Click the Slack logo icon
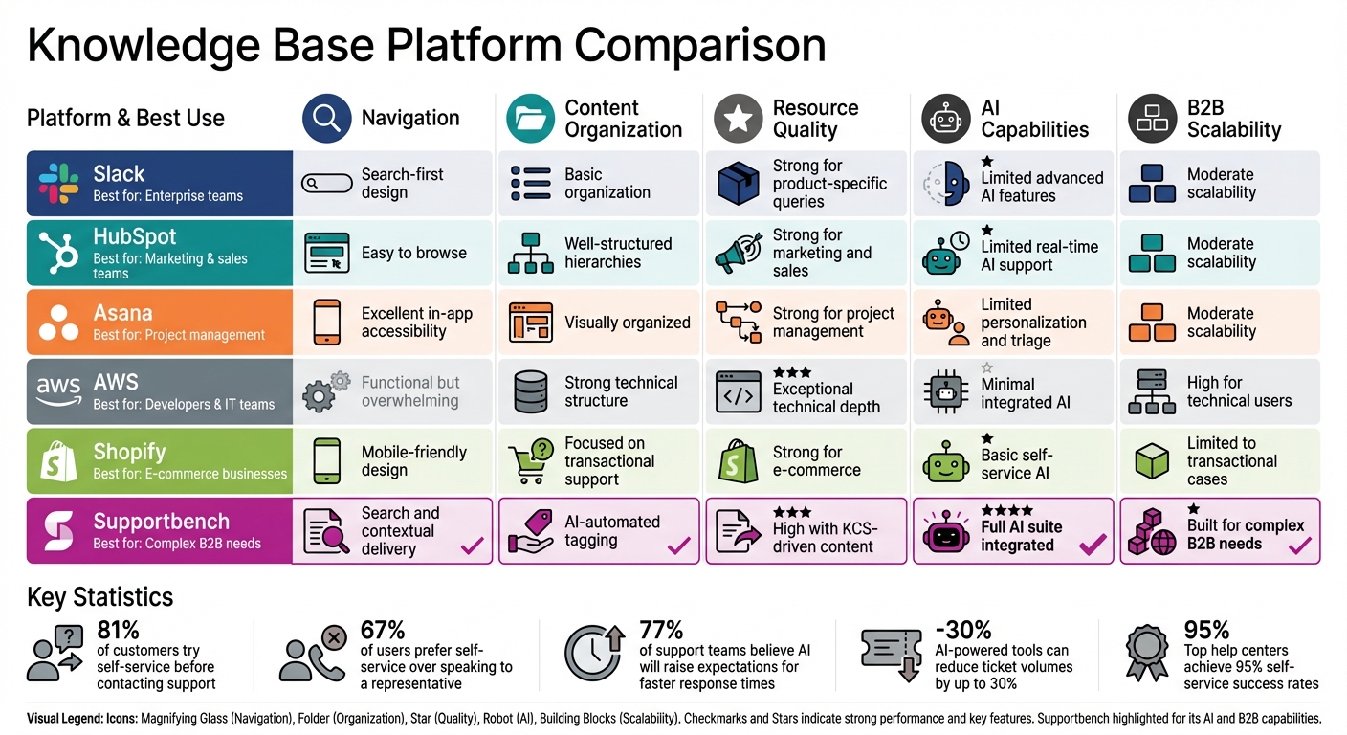[58, 183]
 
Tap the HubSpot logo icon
[58, 253]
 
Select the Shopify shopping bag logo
[58, 462]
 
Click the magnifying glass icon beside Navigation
[326, 119]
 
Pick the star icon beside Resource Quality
[738, 119]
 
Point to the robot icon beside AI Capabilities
[946, 119]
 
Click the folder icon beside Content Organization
[530, 119]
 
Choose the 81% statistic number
[119, 630]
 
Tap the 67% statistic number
[382, 630]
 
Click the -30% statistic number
[962, 630]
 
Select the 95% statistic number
[1206, 630]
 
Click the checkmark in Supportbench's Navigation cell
[472, 546]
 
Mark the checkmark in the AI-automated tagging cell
[678, 546]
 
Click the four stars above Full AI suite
[1006, 510]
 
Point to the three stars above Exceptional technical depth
[792, 371]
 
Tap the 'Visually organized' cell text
[627, 323]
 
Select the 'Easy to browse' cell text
[413, 253]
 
